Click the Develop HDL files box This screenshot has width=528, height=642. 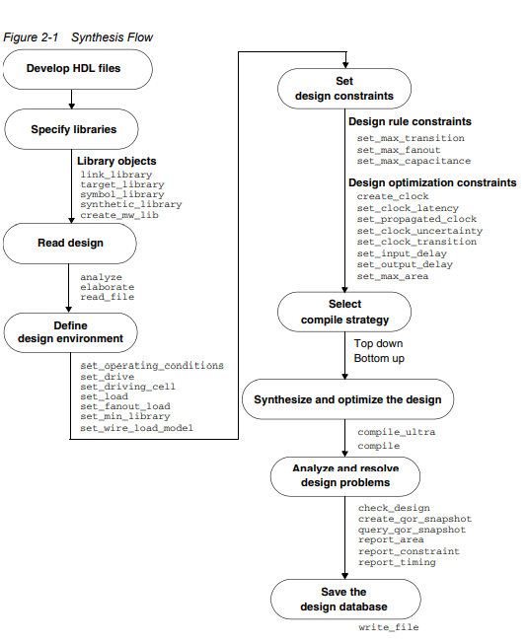77,70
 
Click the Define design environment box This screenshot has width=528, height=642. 77,332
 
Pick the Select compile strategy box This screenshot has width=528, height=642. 343,312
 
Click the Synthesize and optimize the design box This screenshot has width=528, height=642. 347,400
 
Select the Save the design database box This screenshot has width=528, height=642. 343,600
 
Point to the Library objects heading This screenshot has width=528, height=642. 116,161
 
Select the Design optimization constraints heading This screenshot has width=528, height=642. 432,182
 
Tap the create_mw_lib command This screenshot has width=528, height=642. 118,215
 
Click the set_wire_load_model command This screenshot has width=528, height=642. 136,428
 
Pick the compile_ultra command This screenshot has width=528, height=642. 396,432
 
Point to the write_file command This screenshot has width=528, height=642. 388,627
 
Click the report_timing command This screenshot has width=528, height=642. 397,562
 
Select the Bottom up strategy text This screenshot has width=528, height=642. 379,359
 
